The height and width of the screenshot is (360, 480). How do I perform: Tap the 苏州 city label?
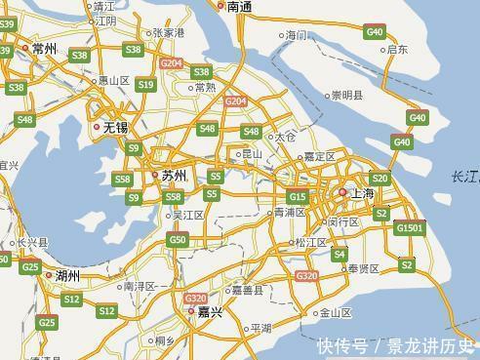[174, 176]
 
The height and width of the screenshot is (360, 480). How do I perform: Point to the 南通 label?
[240, 7]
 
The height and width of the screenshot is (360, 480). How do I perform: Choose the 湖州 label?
[67, 276]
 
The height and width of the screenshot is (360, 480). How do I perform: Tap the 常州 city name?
[45, 48]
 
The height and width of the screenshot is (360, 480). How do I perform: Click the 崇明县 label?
[346, 96]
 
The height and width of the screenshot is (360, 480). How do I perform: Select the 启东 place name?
[397, 49]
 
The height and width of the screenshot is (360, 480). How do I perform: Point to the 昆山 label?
[252, 154]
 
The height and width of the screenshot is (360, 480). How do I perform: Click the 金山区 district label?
[335, 313]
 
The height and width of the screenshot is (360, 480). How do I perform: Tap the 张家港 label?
[168, 32]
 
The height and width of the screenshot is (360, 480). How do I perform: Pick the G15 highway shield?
[297, 197]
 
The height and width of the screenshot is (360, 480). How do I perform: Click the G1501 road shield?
[410, 227]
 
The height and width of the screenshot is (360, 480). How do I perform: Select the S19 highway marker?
[145, 85]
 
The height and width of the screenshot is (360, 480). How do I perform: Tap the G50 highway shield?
[177, 240]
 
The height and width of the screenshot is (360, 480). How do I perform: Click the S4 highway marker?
[340, 255]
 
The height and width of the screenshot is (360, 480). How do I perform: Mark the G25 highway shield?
[31, 267]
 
